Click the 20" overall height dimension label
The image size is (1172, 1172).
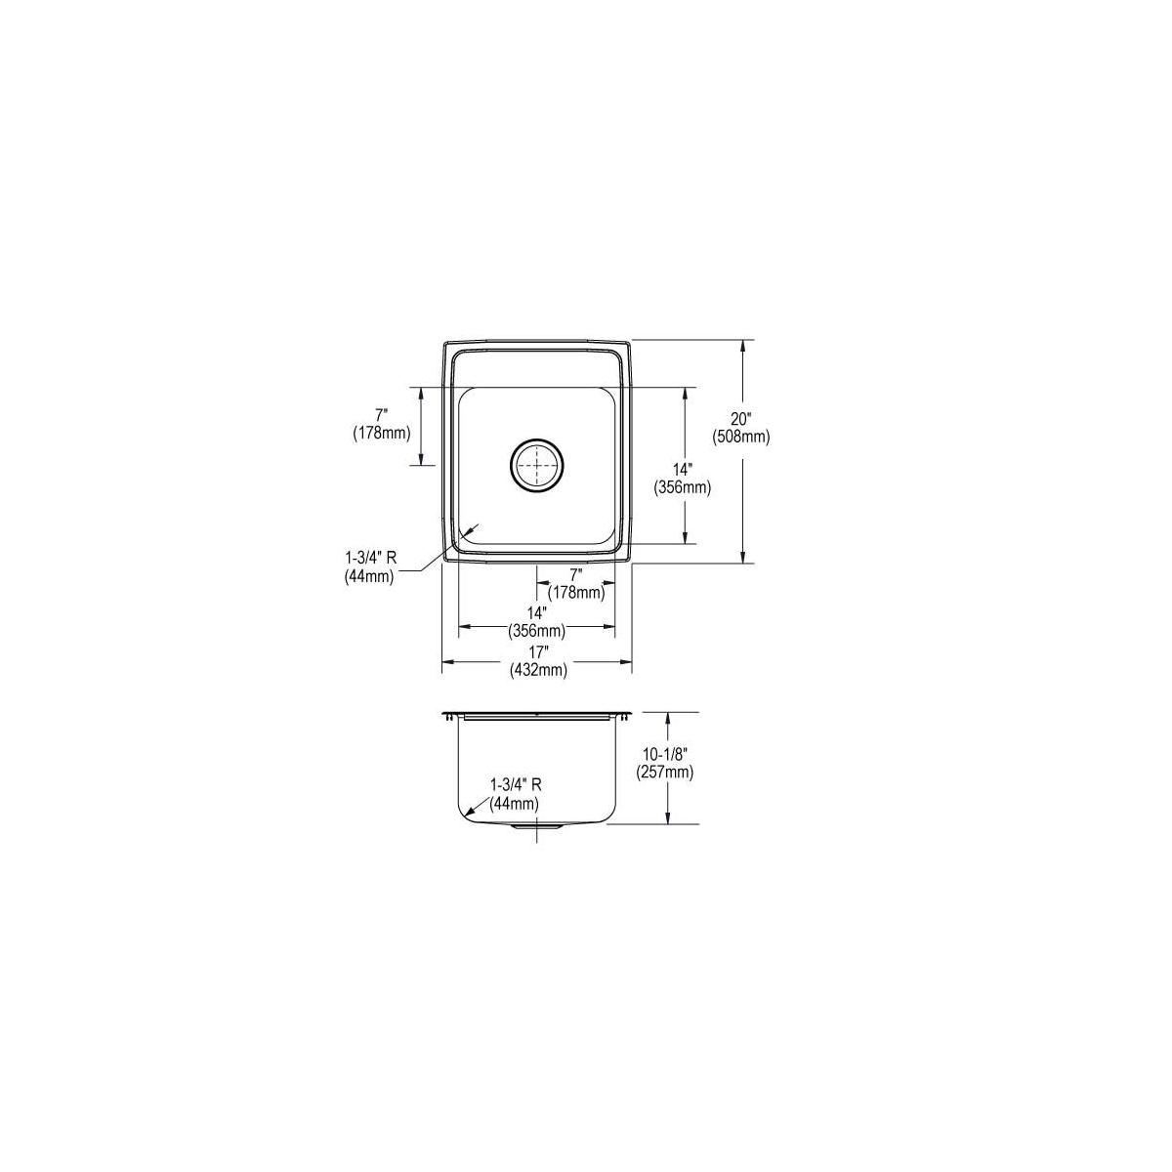(x=741, y=418)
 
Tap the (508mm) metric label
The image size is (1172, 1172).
(x=741, y=436)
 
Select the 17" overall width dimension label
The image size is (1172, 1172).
(x=538, y=652)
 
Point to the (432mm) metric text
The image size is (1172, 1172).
(x=538, y=670)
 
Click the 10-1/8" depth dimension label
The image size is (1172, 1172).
(x=665, y=754)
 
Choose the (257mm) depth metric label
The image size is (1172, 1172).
(x=665, y=772)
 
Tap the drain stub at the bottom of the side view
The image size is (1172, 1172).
(x=536, y=827)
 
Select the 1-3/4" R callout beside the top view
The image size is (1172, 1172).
(x=371, y=559)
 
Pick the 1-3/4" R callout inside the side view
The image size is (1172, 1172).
(x=516, y=785)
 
